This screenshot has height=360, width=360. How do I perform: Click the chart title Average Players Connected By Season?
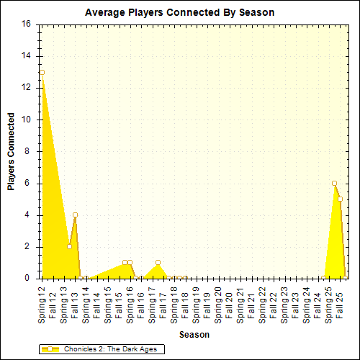[179, 12]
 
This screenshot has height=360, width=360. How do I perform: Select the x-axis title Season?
[194, 335]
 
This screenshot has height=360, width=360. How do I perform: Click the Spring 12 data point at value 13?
[42, 72]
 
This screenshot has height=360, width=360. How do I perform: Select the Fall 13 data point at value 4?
[75, 215]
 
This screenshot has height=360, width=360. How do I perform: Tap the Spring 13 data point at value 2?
[69, 246]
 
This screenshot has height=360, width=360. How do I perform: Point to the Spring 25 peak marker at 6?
[334, 183]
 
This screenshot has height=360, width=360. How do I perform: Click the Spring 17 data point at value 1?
[158, 262]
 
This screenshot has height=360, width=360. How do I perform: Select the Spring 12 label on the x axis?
[42, 303]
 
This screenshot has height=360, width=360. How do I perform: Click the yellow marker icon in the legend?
[49, 349]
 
